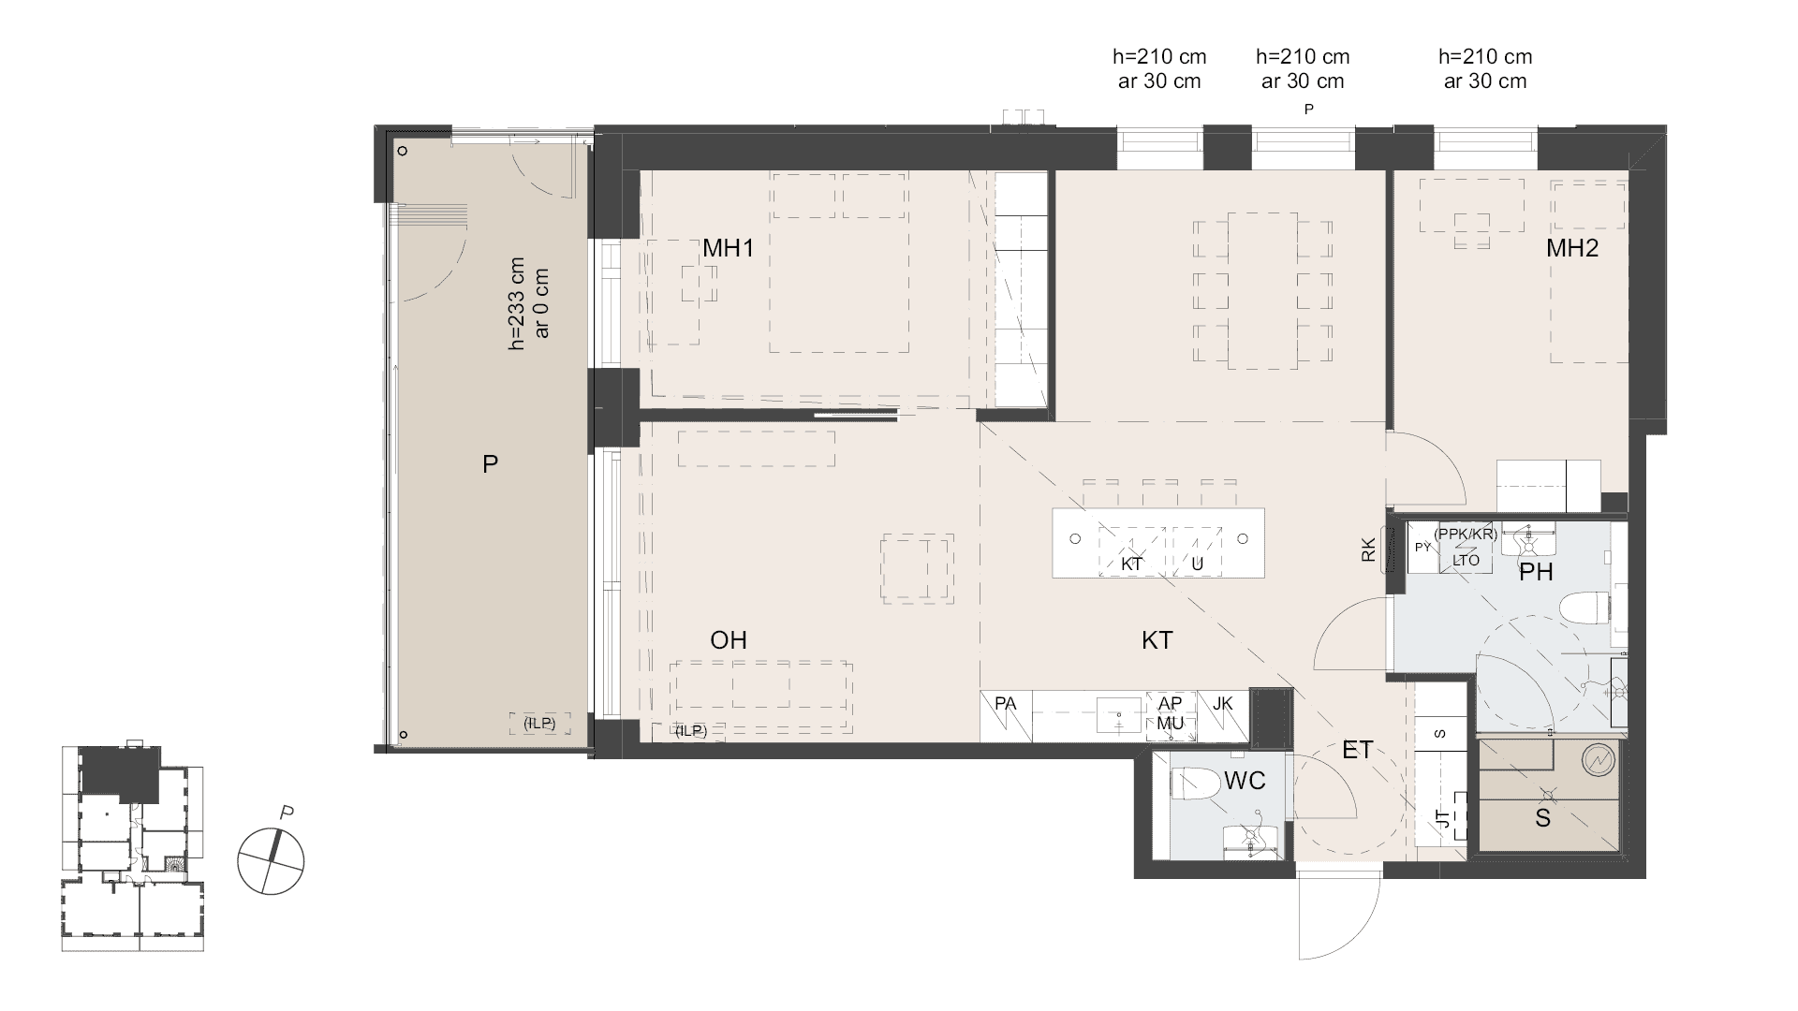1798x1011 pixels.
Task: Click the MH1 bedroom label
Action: pyautogui.click(x=728, y=249)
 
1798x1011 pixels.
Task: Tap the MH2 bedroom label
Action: pyautogui.click(x=1571, y=248)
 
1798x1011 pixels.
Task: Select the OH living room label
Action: pyautogui.click(x=729, y=640)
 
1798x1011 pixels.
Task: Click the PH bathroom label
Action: pyautogui.click(x=1536, y=572)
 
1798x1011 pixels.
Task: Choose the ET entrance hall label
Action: pyautogui.click(x=1357, y=750)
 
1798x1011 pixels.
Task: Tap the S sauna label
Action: pyautogui.click(x=1542, y=818)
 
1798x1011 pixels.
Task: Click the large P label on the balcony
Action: pyautogui.click(x=490, y=463)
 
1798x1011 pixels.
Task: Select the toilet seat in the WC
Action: pyautogui.click(x=1194, y=784)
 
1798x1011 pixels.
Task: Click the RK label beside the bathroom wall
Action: pyautogui.click(x=1368, y=549)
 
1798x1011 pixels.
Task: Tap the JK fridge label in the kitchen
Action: pyautogui.click(x=1222, y=703)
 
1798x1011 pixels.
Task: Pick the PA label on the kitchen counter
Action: pyautogui.click(x=1006, y=703)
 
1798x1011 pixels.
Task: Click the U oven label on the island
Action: pyautogui.click(x=1197, y=564)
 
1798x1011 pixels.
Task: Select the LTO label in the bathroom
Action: pyautogui.click(x=1466, y=561)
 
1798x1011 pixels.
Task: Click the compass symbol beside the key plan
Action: pyautogui.click(x=271, y=860)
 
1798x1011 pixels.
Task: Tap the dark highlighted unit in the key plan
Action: pyautogui.click(x=120, y=772)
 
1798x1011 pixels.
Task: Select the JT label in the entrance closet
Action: pyautogui.click(x=1443, y=820)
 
